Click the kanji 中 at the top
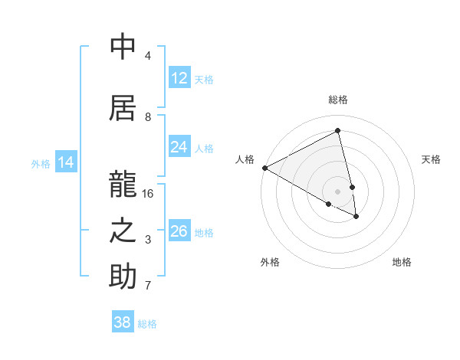coord(123,47)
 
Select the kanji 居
coord(123,106)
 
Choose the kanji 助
coord(123,277)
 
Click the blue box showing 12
coord(179,78)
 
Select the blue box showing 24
coord(179,147)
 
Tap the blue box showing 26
coord(179,231)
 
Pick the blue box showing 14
coord(66,162)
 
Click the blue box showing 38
coord(123,322)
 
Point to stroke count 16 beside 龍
coord(148,194)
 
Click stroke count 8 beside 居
coord(148,116)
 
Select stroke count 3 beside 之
coord(148,240)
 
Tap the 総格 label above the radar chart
coord(338,100)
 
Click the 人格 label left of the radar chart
coord(245,159)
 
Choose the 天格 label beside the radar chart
coord(432,159)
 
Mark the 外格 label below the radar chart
coord(270,262)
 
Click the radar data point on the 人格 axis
coord(264,168)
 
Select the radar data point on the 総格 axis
coord(338,131)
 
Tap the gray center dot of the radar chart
coord(338,191)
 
